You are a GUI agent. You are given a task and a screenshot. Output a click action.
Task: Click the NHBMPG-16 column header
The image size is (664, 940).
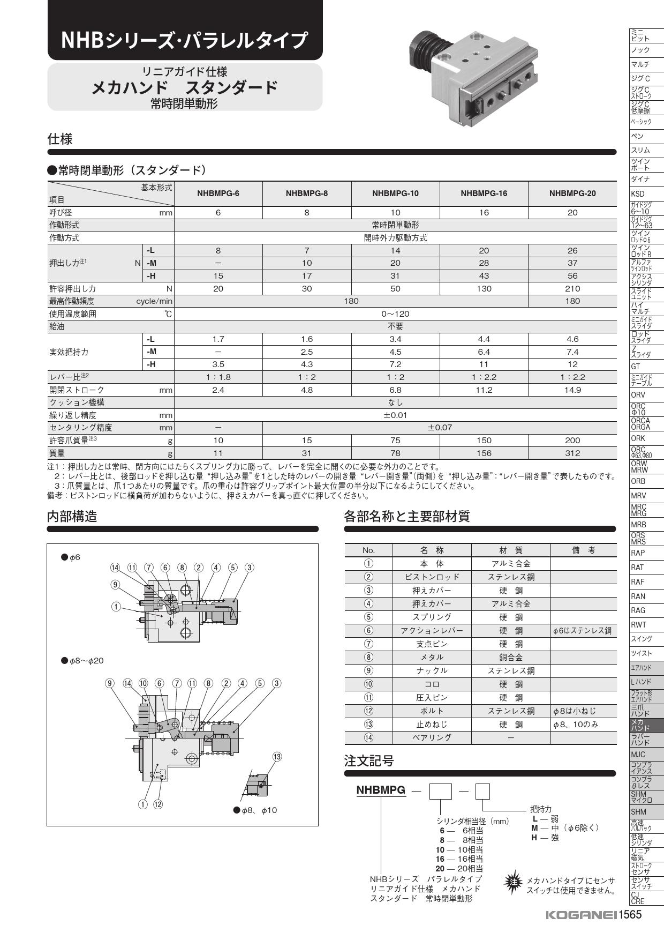(484, 193)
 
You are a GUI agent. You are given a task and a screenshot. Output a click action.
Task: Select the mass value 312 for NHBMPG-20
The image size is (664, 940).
(572, 453)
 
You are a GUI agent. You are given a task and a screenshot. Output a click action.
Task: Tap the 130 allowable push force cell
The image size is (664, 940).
(484, 288)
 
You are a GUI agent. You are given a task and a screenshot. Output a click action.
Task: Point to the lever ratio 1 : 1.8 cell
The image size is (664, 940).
(218, 377)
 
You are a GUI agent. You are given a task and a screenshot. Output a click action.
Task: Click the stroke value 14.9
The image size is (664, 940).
(572, 390)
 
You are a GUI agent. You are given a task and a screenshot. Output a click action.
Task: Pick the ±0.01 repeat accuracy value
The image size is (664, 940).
(395, 415)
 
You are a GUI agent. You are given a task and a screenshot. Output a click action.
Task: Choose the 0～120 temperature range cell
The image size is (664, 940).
(395, 314)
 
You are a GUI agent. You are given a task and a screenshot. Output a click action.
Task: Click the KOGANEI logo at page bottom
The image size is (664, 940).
(580, 915)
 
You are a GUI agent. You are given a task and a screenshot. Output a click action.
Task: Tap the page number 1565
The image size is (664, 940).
(630, 915)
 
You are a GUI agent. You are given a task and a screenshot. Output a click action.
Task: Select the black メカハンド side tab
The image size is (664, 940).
(646, 725)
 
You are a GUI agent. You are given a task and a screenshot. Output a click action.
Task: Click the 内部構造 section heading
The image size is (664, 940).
(73, 516)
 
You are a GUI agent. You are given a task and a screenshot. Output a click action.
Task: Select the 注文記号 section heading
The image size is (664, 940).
(369, 760)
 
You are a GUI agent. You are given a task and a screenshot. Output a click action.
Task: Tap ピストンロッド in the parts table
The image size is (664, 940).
(432, 577)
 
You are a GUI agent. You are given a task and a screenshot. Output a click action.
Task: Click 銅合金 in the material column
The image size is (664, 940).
(511, 658)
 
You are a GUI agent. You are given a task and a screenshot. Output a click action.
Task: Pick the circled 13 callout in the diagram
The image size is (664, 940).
(277, 757)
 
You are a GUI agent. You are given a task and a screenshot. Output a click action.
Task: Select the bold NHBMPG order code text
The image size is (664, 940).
(381, 790)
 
